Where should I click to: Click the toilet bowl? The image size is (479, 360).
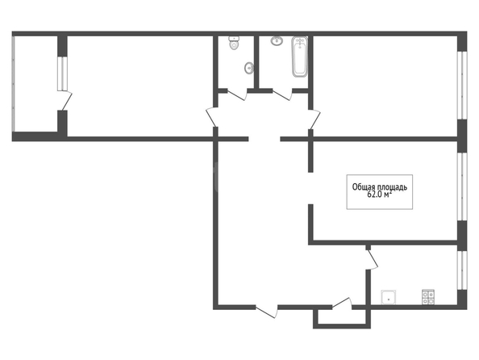pos(234,44)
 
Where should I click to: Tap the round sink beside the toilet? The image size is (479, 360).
pos(249,68)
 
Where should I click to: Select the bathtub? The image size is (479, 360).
pos(299,57)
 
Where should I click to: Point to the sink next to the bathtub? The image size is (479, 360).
pos(277,40)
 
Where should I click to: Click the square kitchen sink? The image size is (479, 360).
pos(388,297)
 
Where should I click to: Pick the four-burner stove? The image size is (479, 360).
pos(428,297)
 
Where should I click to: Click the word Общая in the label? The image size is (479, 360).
pos(363,187)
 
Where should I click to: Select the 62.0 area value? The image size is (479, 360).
pos(375,195)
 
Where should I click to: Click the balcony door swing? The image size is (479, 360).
pos(67,100)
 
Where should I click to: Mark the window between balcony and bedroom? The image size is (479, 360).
pos(62,73)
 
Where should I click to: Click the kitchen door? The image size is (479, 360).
pos(372,260)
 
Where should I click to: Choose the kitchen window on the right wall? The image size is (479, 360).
pos(462,270)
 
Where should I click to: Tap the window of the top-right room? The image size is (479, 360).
pos(462,85)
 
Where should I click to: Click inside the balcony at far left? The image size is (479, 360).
pos(35,84)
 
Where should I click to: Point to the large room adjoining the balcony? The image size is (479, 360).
pos(140,86)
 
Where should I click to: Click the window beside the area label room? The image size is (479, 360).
pos(462,186)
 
